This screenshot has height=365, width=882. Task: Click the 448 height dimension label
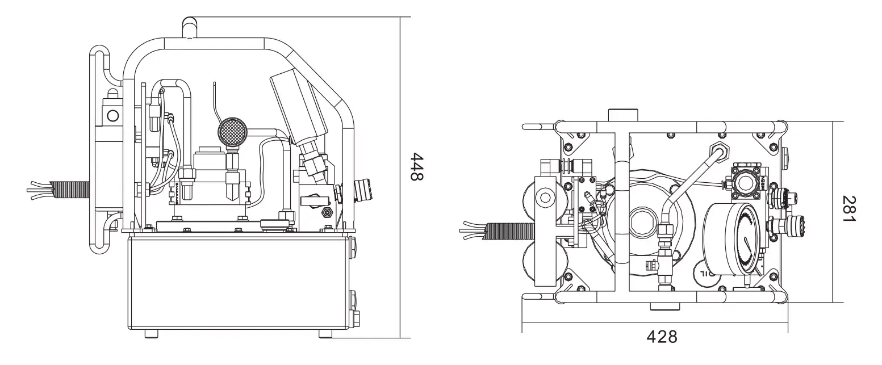tap(417, 166)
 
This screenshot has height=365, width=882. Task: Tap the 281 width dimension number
tap(849, 209)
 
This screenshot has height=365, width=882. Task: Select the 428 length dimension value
tap(662, 337)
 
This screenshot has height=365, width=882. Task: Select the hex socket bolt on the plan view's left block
tap(546, 198)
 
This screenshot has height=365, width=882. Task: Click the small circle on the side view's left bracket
tap(113, 116)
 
